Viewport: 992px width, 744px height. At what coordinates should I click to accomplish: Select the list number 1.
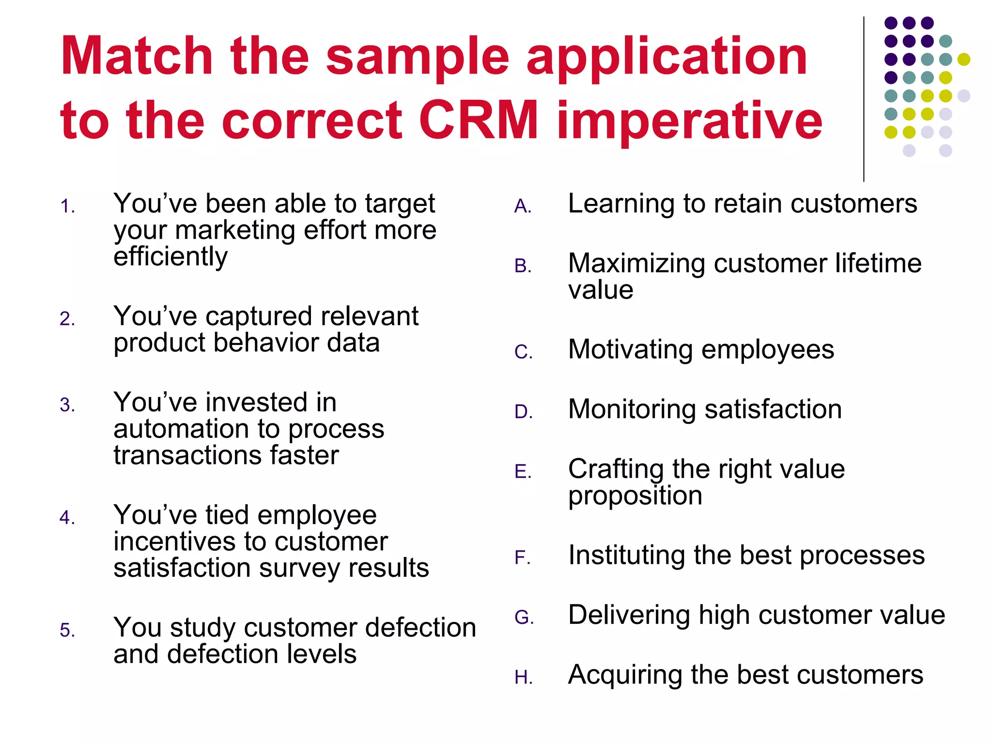tap(67, 207)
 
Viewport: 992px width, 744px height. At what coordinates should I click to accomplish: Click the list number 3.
tap(67, 405)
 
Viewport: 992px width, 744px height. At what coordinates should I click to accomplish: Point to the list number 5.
tap(67, 631)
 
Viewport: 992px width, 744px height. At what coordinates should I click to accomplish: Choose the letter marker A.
tap(523, 207)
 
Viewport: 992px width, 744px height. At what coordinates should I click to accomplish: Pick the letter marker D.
tap(524, 412)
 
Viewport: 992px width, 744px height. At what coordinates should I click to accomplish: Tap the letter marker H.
tap(524, 678)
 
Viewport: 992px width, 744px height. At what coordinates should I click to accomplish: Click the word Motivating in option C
tap(630, 350)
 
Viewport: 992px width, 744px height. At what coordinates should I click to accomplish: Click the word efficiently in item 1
tap(170, 257)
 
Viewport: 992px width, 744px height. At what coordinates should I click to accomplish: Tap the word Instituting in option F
tap(626, 555)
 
